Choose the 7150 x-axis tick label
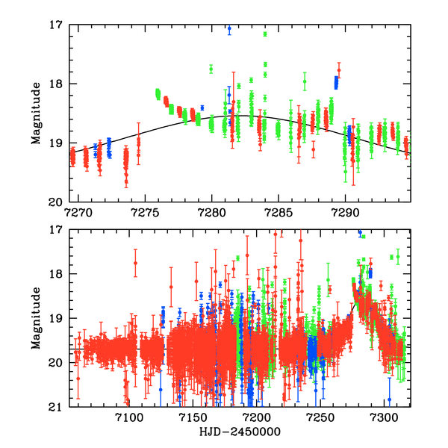(192, 417)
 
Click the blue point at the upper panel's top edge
(229, 29)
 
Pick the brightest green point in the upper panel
(265, 34)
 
